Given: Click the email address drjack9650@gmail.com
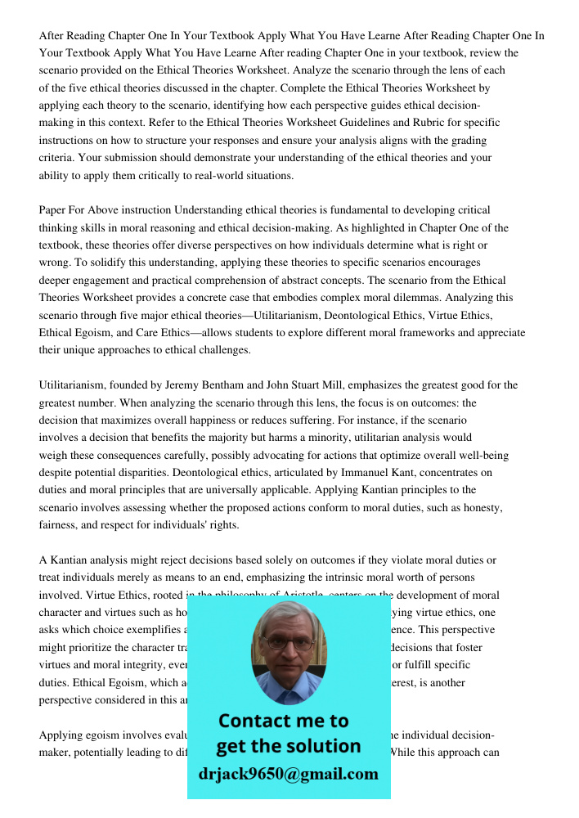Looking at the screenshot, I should click(289, 774).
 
